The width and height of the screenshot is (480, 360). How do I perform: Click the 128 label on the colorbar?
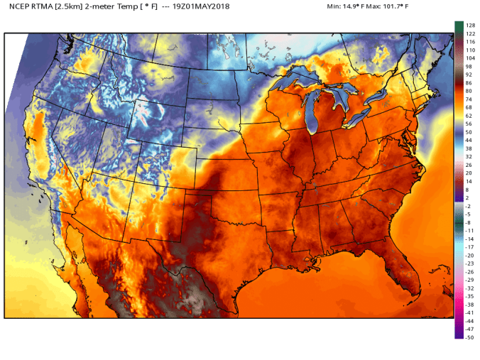coord(469,26)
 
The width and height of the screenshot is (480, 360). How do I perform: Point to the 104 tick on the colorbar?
coord(469,58)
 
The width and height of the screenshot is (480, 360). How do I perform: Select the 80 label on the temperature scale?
coord(469,91)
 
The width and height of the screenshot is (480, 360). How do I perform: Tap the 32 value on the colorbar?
coord(469,156)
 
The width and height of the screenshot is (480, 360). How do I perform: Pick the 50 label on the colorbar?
coord(469,132)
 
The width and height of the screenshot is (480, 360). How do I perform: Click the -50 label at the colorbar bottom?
coord(469,337)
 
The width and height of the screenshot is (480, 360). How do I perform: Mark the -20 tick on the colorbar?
coord(469,255)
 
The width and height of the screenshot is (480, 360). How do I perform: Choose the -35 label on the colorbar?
coord(469,296)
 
